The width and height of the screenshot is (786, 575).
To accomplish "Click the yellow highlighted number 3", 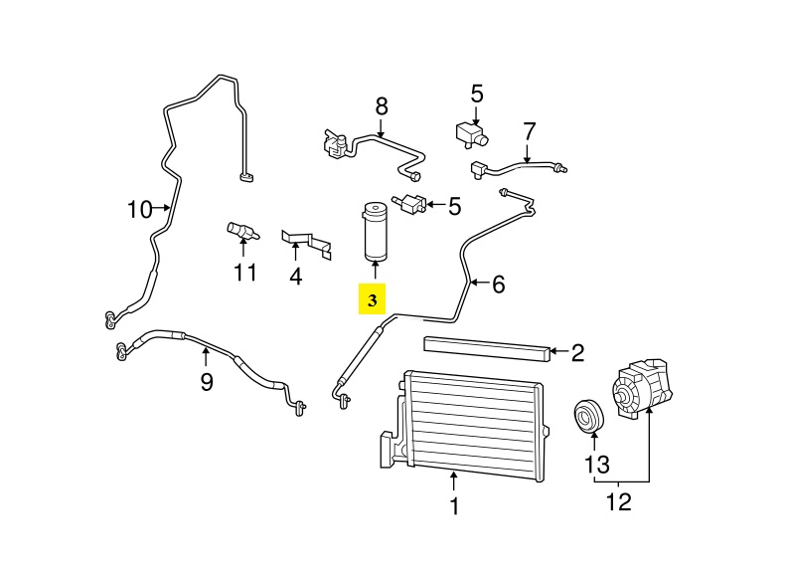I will pos(373,299).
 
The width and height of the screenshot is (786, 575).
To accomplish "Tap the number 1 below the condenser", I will pos(454,506).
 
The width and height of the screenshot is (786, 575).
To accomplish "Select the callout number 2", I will pos(577,351).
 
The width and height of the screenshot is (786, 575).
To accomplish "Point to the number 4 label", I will pos(295,276).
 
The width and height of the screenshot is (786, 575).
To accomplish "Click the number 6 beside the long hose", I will pos(498,285).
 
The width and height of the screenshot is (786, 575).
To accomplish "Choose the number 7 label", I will pos(529,130).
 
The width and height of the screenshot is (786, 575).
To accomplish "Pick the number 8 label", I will pos(381,105).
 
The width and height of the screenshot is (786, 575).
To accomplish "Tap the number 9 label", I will pos(206,381).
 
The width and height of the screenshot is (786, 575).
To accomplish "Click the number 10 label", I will pos(139,210).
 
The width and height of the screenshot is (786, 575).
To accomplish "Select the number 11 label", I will pos(245,272).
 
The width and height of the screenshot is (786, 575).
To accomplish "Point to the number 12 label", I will pos(618,502).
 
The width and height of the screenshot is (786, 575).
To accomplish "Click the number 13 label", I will pos(595,464).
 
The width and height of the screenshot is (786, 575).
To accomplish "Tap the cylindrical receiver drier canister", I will pos(375,230).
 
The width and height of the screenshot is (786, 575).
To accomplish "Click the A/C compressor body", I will pos(641,394).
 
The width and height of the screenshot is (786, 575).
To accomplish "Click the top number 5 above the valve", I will pos(476,95).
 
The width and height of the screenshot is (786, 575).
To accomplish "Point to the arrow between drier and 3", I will pos(375,271).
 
